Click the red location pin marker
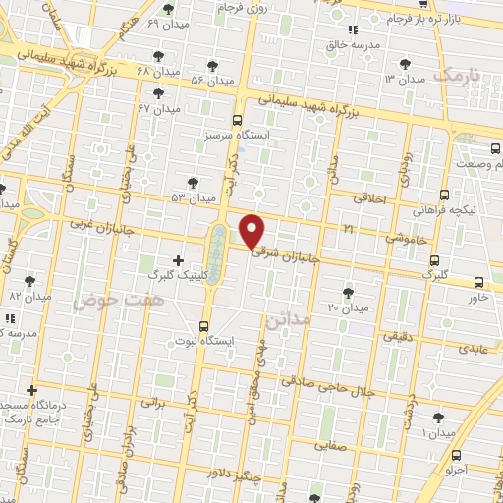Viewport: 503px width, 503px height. (x=252, y=232)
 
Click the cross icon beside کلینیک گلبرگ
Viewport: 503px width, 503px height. (x=178, y=260)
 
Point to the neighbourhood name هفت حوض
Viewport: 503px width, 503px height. (x=106, y=298)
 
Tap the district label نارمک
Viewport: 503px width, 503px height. (x=459, y=74)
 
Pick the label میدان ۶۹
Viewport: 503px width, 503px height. (x=166, y=21)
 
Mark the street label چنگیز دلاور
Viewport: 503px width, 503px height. (x=236, y=475)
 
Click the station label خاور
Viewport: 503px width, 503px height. (x=478, y=296)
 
